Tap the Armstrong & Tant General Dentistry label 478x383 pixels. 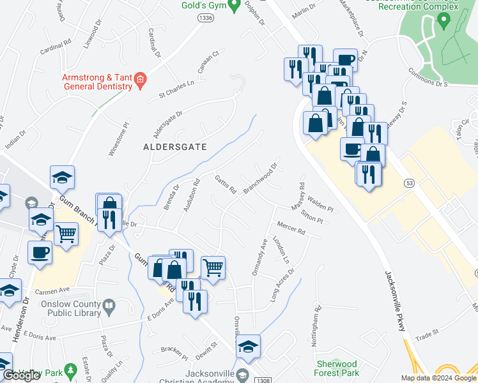pos(96,82)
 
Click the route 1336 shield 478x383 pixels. pos(206,19)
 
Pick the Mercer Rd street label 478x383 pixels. pos(291,228)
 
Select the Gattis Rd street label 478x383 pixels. pos(226,184)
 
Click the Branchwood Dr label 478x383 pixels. pos(260,178)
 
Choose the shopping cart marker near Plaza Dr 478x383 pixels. pos(66,235)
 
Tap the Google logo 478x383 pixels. pos(21,375)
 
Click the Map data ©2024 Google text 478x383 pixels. pos(438,378)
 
